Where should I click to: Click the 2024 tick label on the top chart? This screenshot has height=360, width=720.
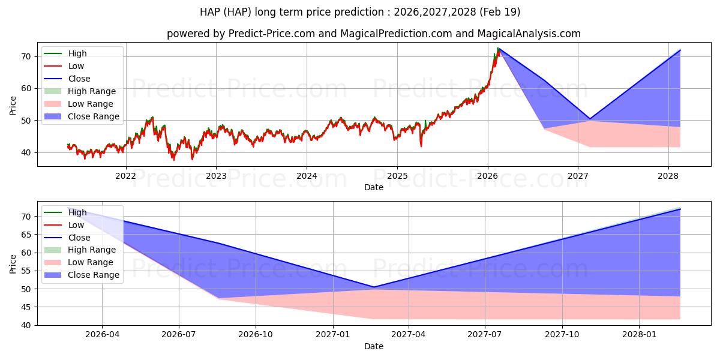pos(307,176)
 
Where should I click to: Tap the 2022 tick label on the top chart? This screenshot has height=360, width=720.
pos(125,176)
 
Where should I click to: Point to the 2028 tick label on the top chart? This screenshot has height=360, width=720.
pos(668,176)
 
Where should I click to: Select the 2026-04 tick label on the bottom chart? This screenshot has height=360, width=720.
pos(102,335)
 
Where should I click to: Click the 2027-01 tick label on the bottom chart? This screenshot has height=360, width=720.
pos(332,335)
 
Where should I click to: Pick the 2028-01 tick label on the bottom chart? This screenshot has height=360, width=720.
pos(639,335)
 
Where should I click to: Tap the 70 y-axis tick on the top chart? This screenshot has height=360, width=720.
pos(26,56)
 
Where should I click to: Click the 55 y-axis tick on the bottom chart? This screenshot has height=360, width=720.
pos(26,271)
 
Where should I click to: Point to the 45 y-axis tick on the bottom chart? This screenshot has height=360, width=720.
pos(26,307)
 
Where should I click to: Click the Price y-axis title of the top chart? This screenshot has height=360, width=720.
pos(13,106)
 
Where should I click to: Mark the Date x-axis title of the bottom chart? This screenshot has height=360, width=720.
pos(374,346)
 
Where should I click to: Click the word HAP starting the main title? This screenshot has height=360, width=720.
pos(210,12)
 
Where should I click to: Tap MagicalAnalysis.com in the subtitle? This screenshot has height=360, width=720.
pos(529,34)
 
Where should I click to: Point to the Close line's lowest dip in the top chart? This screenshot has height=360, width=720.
pos(590,119)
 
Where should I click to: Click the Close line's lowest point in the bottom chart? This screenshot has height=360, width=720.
pos(374,287)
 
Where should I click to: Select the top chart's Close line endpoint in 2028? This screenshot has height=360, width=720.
pos(680,50)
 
